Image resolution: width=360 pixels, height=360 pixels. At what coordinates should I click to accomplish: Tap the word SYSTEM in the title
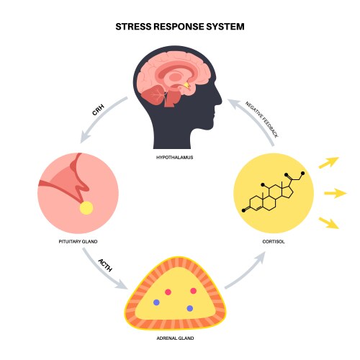click(x=225, y=27)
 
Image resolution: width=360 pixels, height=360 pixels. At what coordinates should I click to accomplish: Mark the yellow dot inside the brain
click(x=186, y=85)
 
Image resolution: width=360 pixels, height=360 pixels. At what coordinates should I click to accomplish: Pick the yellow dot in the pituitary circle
click(x=86, y=208)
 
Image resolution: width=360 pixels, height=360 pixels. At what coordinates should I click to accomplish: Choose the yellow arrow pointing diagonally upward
click(x=329, y=163)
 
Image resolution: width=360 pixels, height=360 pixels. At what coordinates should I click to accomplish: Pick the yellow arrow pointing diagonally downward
click(x=329, y=222)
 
